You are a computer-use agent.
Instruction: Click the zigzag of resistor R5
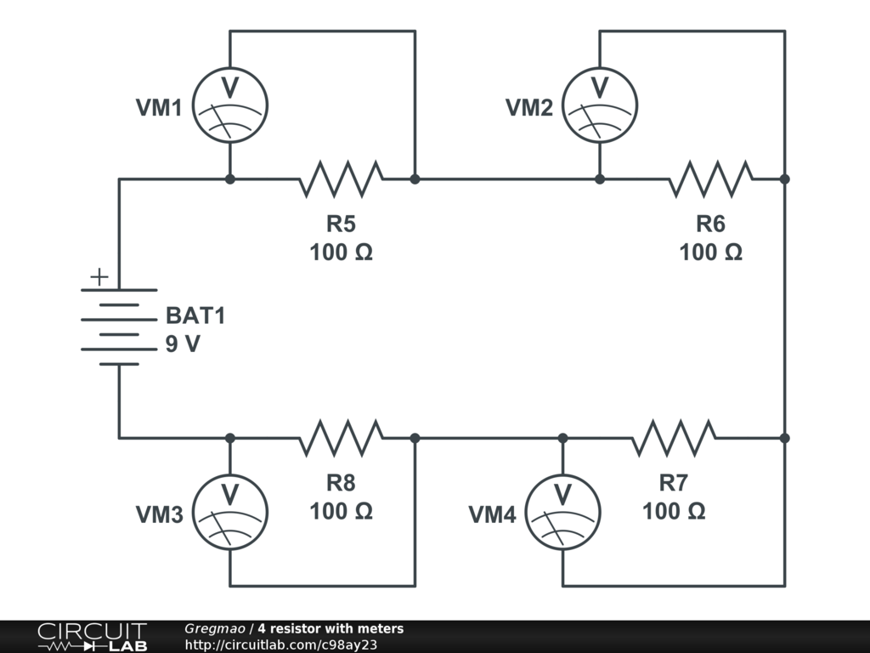[342, 179]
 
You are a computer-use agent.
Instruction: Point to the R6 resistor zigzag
[711, 179]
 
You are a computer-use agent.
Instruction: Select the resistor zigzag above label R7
[674, 438]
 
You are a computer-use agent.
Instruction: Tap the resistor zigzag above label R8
[342, 438]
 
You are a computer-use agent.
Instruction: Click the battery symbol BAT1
[119, 327]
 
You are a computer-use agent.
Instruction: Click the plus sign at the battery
[99, 276]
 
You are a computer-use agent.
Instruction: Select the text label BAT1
[195, 315]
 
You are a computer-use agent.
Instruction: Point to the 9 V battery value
[183, 344]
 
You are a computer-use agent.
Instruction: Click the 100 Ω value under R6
[711, 252]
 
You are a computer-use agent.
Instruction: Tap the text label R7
[674, 483]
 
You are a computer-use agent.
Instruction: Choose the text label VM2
[529, 108]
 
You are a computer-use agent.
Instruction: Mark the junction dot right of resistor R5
[415, 179]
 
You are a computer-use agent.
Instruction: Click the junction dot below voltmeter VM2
[600, 179]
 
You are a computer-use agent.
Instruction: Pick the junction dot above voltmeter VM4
[562, 438]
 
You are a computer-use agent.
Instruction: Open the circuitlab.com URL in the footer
[280, 644]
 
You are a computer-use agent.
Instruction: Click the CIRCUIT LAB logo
[92, 637]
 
